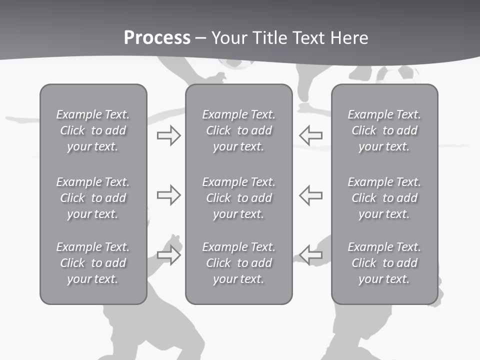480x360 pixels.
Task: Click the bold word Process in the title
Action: (x=157, y=38)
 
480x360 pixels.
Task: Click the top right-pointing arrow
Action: (x=168, y=135)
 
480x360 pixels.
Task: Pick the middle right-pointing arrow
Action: (x=168, y=195)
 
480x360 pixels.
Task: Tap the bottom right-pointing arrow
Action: (x=168, y=255)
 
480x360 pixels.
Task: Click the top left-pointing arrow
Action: (x=310, y=135)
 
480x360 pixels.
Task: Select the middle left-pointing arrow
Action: (x=310, y=195)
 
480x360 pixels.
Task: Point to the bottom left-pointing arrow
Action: (x=310, y=255)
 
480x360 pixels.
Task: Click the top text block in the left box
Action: (x=93, y=130)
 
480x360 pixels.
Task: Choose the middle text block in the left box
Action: (x=93, y=198)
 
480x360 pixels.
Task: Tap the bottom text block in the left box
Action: (x=93, y=263)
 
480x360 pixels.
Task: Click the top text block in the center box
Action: (x=238, y=130)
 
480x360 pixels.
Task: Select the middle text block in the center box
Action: (x=238, y=198)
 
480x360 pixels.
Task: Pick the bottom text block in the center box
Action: (x=238, y=263)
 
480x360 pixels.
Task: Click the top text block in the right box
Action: (x=384, y=130)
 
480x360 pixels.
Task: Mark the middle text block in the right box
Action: (x=384, y=198)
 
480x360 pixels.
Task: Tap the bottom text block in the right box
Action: (x=384, y=263)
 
